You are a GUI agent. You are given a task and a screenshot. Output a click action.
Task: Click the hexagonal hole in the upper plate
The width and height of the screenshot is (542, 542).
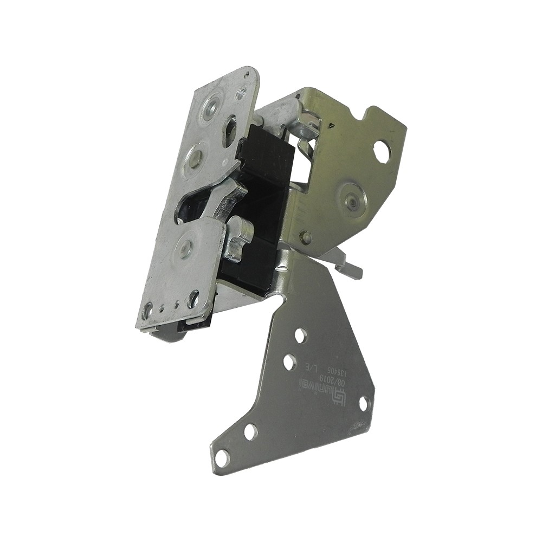(x=382, y=151)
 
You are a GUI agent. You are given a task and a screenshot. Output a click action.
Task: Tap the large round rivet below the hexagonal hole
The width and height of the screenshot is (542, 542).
(x=353, y=200)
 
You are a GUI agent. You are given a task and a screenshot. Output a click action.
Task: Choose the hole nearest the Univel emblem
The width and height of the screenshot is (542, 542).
(x=289, y=362)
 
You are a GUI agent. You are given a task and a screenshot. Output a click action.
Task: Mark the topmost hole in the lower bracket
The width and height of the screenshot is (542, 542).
(x=300, y=335)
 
